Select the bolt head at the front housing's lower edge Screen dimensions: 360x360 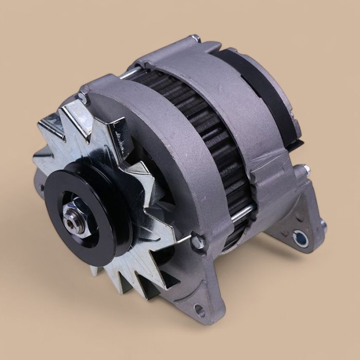[197, 241]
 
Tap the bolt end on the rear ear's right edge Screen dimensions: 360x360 [323, 224]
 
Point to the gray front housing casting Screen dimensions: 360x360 [170, 154]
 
